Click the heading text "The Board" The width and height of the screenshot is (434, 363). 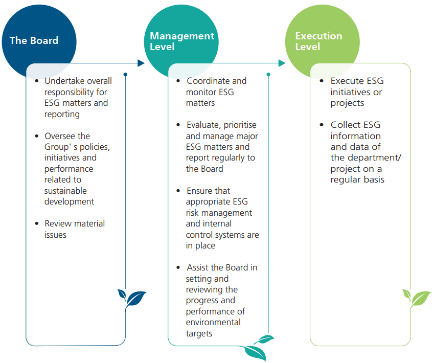click(x=34, y=40)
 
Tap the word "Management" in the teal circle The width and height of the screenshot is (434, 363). click(x=182, y=36)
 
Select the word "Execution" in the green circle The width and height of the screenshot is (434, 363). click(x=318, y=36)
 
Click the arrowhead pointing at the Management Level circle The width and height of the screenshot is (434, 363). click(x=141, y=63)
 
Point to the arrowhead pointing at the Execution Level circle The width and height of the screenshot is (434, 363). click(x=282, y=63)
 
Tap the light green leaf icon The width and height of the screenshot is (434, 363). click(x=417, y=298)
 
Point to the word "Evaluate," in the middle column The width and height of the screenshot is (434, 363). click(x=204, y=125)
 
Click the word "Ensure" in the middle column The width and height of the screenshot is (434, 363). click(x=198, y=191)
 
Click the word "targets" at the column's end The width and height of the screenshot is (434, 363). click(x=199, y=334)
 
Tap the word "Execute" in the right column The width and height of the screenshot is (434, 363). click(x=347, y=81)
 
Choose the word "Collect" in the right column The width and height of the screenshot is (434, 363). click(x=346, y=125)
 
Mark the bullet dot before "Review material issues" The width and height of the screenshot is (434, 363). click(x=37, y=223)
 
